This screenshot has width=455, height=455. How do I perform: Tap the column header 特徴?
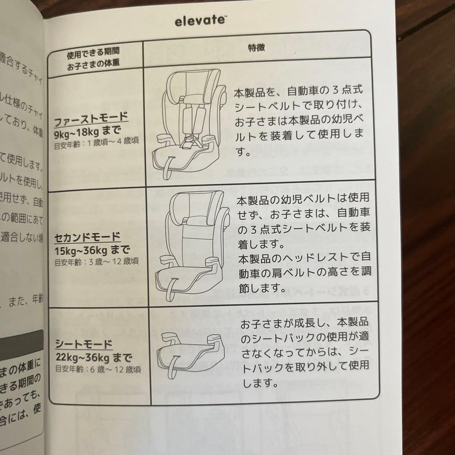tap(256, 48)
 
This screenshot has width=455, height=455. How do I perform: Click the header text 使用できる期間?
tap(93, 51)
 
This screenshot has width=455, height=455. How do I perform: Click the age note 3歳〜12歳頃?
tap(97, 261)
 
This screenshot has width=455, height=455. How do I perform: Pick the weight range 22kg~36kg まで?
tap(94, 358)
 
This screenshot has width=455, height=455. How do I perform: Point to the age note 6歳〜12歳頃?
tap(98, 369)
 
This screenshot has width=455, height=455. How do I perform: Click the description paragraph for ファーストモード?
tap(299, 122)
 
